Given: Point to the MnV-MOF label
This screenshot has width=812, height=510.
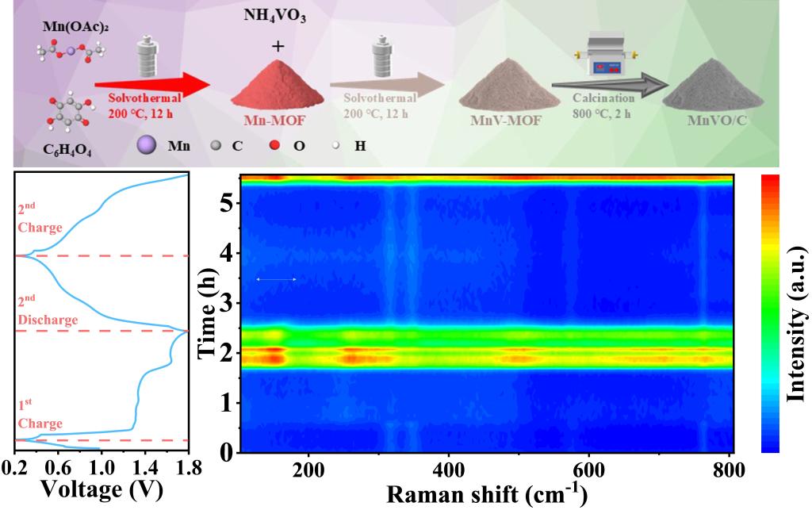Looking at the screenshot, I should [492, 121].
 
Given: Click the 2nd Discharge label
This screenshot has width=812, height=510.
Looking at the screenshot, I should [48, 310].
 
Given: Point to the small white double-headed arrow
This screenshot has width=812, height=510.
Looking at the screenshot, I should [276, 279].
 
